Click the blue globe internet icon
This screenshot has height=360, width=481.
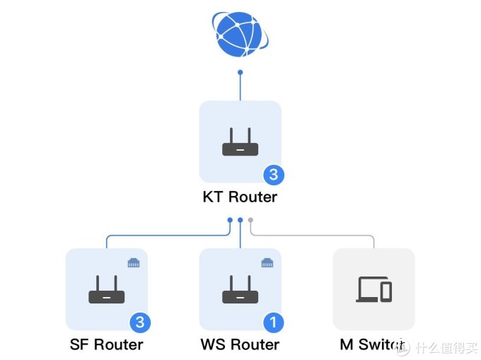pos(240,33)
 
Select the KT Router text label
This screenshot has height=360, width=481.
pos(240,197)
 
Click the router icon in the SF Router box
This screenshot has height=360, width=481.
pos(106,290)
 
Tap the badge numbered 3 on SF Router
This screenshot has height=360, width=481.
pos(139,323)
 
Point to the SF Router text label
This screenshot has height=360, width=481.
pos(106,345)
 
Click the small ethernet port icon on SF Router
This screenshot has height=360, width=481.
pos(133,263)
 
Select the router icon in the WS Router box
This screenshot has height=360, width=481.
pos(240,290)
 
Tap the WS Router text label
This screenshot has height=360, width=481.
pos(240,345)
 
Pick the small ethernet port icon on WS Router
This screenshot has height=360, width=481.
pos(267,263)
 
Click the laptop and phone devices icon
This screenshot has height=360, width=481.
pos(373,289)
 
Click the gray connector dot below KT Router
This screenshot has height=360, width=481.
pos(250,220)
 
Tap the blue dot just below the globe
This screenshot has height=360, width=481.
pos(240,72)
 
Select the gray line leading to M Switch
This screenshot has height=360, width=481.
pos(318,235)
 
